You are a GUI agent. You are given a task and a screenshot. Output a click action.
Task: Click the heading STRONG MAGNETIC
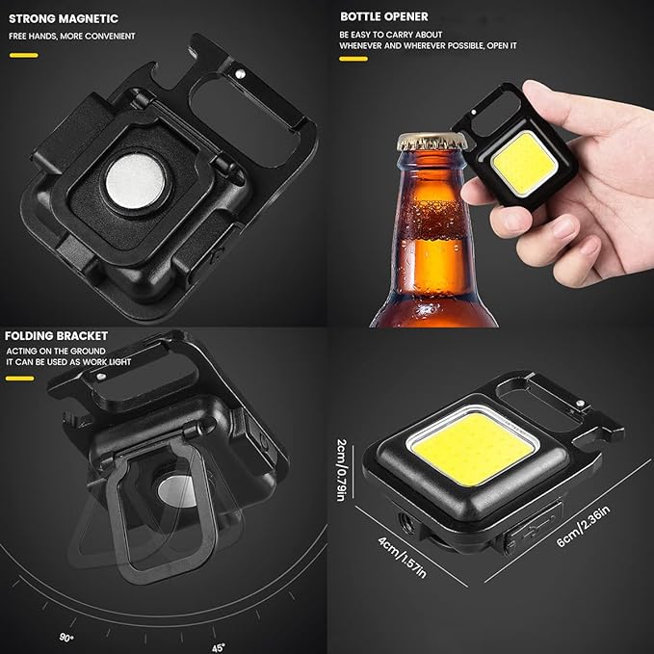pos(64,18)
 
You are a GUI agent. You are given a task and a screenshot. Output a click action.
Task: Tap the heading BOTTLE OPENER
pos(383,16)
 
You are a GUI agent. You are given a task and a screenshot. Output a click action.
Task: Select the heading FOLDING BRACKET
pos(56,336)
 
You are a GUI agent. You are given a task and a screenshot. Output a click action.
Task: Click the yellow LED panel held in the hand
pos(524,164)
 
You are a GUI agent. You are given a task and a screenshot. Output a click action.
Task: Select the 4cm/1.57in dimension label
pos(402,557)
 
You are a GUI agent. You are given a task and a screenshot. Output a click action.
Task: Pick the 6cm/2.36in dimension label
pos(583,526)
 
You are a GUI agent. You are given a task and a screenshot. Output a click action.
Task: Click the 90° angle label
pos(66,638)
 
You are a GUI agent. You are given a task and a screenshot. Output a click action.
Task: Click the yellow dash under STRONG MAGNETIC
pos(24,55)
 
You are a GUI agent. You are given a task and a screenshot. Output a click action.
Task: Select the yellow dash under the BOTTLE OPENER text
pos(353,59)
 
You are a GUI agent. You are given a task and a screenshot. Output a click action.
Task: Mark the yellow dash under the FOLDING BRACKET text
pos(19,379)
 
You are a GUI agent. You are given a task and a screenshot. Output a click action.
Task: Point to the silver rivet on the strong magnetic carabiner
pos(240,74)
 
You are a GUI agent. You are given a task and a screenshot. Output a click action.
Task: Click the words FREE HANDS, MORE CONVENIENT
pos(72,37)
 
